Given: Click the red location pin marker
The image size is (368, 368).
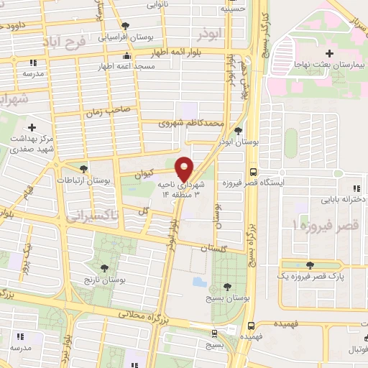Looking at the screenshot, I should click(184, 169).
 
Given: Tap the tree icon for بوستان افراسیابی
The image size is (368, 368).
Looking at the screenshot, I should click(126, 25).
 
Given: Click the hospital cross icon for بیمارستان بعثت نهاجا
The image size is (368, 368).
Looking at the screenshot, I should click(330, 54).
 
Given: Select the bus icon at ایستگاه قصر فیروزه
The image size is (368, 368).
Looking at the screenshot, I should click(252, 172).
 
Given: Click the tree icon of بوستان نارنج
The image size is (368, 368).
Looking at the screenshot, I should click(105, 268).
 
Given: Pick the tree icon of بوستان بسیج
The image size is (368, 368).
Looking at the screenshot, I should click(227, 285).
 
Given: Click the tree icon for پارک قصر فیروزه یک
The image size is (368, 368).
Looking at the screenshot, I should click(310, 265).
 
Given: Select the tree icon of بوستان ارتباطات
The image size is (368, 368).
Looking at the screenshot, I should click(84, 169).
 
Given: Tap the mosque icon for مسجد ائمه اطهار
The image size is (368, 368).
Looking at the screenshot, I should click(127, 56).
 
